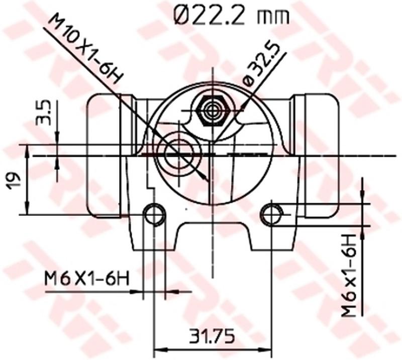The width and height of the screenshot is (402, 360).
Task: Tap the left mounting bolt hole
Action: tap(154, 214)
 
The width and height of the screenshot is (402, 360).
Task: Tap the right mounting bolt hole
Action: tap(272, 214)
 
